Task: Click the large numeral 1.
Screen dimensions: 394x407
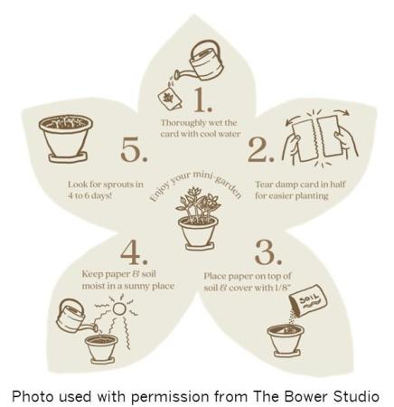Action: [x=202, y=100]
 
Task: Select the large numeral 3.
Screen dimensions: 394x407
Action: [x=267, y=252]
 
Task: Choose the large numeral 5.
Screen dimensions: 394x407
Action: [x=135, y=149]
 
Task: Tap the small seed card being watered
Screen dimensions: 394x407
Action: [x=170, y=99]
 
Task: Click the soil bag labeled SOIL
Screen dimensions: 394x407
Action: [x=308, y=300]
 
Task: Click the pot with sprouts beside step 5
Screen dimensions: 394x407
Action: [x=66, y=138]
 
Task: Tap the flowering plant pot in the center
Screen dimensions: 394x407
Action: [x=198, y=218]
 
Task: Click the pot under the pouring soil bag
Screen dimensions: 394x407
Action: [x=286, y=341]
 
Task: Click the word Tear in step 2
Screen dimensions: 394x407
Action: [x=263, y=184]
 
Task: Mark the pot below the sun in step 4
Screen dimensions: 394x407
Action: [x=101, y=348]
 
